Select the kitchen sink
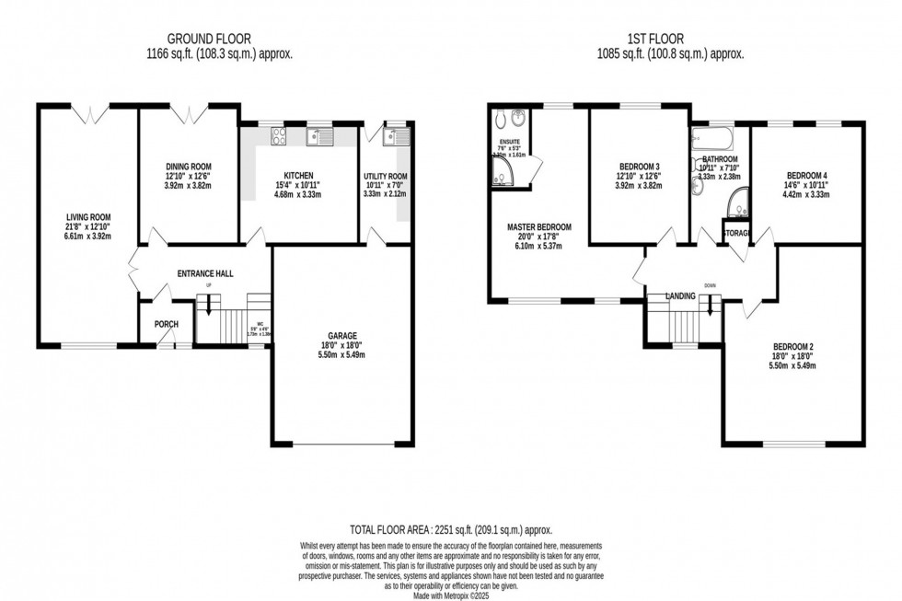pos(318,136)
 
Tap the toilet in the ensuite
pos(499,120)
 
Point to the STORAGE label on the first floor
pos(737,233)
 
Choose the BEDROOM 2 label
pos(792,346)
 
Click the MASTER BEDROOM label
pos(538,227)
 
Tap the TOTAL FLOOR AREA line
pos(450,531)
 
